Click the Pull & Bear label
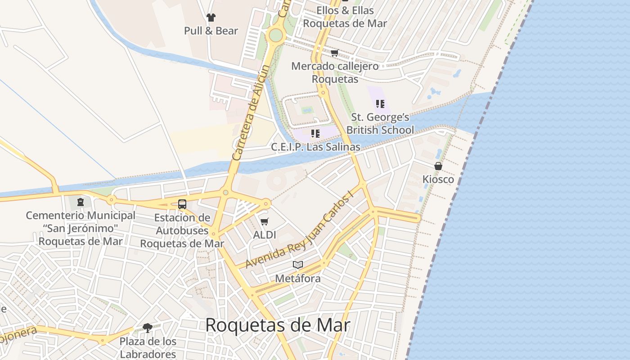[211, 31]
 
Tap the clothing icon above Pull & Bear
[211, 18]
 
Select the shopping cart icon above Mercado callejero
[334, 53]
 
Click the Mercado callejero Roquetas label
[335, 72]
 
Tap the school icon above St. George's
[380, 104]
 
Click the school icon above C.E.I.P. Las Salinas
[315, 133]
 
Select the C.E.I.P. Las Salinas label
[315, 147]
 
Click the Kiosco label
[438, 180]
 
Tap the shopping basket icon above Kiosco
[438, 166]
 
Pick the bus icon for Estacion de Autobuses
[182, 204]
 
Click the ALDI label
[265, 235]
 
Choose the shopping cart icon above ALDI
[265, 221]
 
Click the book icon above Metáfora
[298, 265]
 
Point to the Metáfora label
[298, 279]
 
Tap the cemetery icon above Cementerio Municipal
[81, 202]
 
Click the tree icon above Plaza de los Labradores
[148, 328]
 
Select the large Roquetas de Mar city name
[278, 325]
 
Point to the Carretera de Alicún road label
[252, 112]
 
